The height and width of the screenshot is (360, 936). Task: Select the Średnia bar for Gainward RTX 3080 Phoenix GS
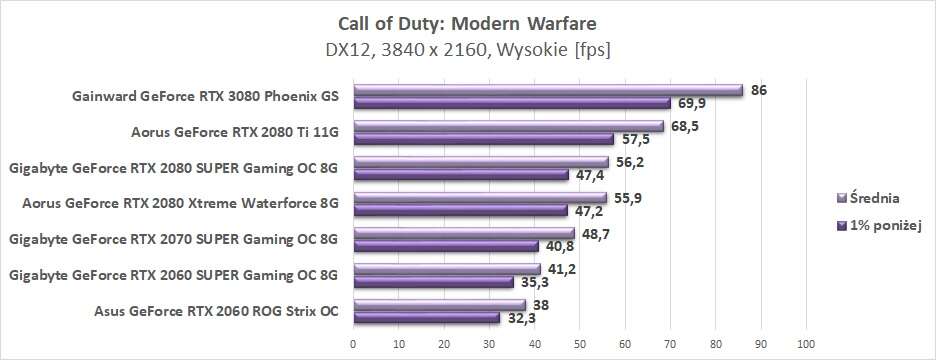(x=548, y=90)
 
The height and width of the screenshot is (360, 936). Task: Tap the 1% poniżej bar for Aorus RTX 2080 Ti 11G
(x=483, y=138)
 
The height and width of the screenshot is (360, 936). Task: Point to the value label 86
(x=759, y=90)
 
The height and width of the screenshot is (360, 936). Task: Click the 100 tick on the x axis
(x=806, y=345)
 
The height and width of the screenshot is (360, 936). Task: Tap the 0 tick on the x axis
(x=353, y=345)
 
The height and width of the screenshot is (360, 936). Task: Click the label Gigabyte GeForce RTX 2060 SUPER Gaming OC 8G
(x=173, y=275)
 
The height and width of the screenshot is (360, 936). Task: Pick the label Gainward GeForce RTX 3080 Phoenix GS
(x=206, y=97)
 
